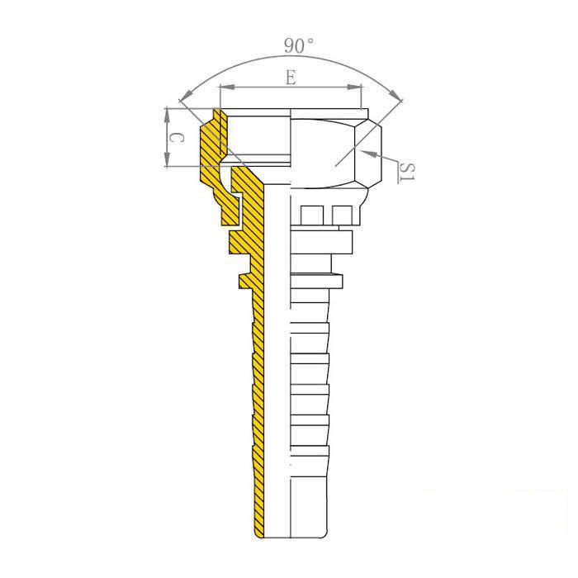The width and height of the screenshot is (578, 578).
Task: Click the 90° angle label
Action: (299, 45)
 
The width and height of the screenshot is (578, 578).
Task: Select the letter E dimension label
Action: (291, 78)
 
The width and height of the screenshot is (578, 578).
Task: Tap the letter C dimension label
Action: (176, 138)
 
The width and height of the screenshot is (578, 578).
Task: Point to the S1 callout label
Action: (408, 172)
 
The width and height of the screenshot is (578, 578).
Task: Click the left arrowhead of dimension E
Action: (227, 88)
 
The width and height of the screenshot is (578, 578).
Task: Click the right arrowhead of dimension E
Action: (354, 88)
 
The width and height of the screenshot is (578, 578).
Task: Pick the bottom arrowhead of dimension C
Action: (168, 159)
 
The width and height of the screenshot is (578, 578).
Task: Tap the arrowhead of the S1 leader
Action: (368, 154)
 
